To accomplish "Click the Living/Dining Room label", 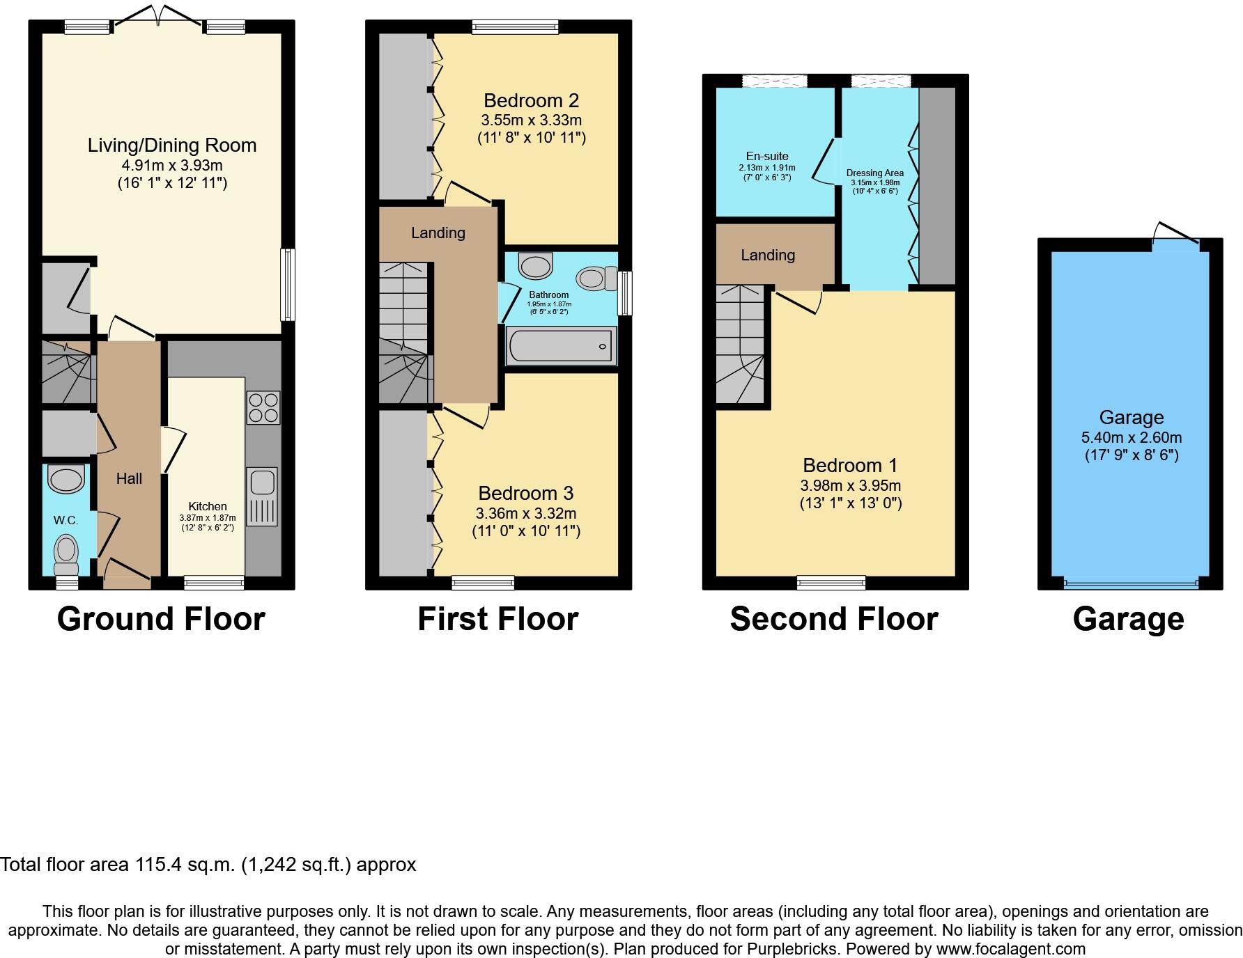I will click(x=171, y=146).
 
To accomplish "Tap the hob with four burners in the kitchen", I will click(x=263, y=408).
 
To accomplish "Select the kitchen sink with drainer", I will click(x=263, y=496).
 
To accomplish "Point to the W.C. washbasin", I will click(x=65, y=480).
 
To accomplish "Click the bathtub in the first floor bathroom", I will click(x=560, y=347).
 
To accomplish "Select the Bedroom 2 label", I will click(x=531, y=101).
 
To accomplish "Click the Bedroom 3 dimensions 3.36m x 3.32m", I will click(x=525, y=514).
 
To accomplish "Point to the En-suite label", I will click(x=766, y=157).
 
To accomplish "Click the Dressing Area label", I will click(x=874, y=173).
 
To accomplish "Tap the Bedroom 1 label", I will click(x=850, y=465).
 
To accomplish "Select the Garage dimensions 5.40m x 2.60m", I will click(x=1131, y=438).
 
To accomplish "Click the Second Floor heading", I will click(x=833, y=619).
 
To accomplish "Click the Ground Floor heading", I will click(x=161, y=619).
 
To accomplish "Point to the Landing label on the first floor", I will click(x=438, y=233).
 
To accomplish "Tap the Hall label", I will click(x=129, y=478).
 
